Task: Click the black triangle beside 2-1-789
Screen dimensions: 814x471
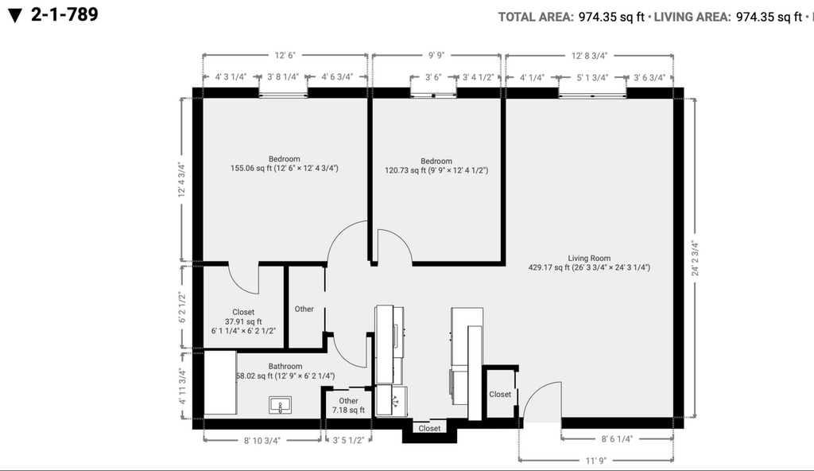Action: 15,16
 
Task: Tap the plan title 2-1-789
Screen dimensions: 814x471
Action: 64,14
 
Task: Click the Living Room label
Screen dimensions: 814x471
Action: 589,259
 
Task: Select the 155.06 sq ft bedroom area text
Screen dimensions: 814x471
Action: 284,169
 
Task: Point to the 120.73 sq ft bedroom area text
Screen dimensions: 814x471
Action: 436,170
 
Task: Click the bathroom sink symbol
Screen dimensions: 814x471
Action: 280,405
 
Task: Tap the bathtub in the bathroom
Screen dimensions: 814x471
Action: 220,383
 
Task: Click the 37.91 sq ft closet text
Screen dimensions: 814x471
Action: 243,321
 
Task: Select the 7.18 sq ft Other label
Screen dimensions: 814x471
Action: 348,406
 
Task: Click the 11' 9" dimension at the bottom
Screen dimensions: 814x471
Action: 595,461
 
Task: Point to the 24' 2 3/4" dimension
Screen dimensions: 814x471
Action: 695,258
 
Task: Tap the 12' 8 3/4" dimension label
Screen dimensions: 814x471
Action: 589,56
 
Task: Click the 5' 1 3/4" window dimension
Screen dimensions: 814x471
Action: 591,78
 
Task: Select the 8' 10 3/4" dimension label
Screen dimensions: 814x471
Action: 262,441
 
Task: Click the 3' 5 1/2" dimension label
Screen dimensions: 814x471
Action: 348,441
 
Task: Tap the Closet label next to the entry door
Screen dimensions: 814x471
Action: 500,395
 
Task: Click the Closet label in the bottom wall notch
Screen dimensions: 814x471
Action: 429,428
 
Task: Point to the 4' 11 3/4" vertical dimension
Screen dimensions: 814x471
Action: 182,386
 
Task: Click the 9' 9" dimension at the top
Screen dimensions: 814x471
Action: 436,56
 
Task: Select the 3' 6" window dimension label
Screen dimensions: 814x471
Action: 433,77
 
